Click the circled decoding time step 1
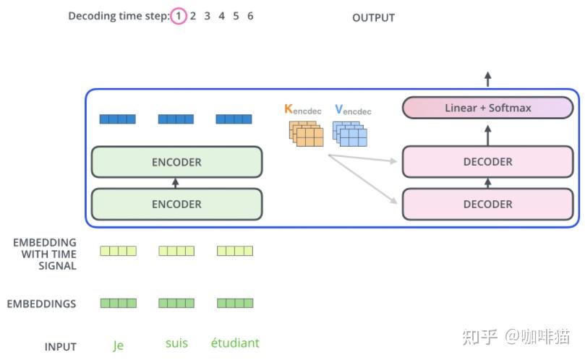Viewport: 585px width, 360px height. [x=179, y=16]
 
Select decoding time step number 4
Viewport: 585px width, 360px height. [x=221, y=16]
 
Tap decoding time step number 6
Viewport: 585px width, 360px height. [x=250, y=16]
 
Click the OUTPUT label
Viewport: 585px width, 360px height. [x=373, y=17]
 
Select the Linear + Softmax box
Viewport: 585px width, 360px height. [x=487, y=108]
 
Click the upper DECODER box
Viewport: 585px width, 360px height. [x=487, y=161]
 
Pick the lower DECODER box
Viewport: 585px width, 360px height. [x=487, y=204]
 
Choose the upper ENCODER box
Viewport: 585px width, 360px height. [x=177, y=162]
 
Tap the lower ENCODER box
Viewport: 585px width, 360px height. [x=177, y=204]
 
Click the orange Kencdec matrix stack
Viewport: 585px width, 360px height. [x=307, y=133]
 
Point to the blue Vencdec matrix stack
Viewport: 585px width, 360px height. [x=349, y=133]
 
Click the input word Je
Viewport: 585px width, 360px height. [x=119, y=345]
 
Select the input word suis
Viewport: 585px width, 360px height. [x=176, y=343]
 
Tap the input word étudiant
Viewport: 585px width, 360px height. [x=235, y=343]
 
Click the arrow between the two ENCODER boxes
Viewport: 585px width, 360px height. [x=175, y=183]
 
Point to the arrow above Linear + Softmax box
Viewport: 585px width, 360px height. [x=487, y=79]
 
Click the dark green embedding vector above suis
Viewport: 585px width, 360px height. [x=176, y=303]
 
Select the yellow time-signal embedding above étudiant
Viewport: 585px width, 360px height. [x=235, y=251]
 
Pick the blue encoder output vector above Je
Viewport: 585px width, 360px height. [x=118, y=119]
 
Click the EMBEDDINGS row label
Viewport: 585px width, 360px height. [x=41, y=304]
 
